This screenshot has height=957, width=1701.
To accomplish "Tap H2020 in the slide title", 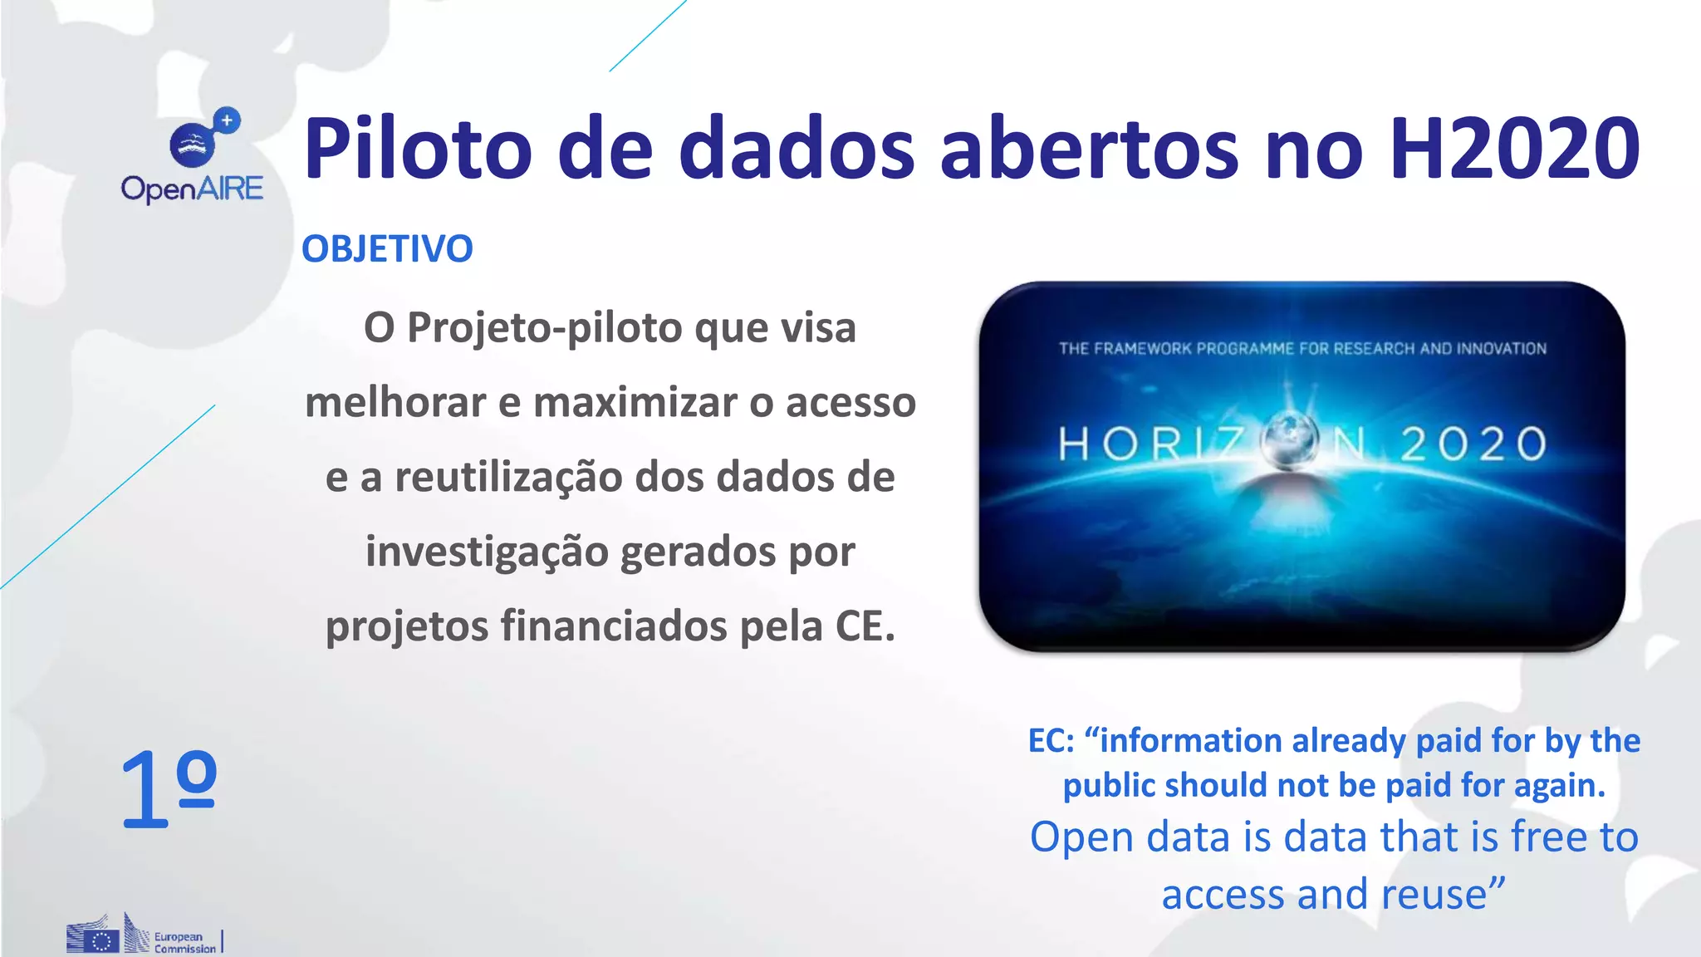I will point(1514,150).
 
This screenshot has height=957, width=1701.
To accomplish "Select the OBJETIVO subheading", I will point(387,249).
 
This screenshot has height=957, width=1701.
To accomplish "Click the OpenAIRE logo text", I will point(192,189).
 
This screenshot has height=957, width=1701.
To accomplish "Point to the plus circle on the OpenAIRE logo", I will point(227,120).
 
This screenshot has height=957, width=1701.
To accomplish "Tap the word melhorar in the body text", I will point(395,403).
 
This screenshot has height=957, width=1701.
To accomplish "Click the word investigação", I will point(487,552).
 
